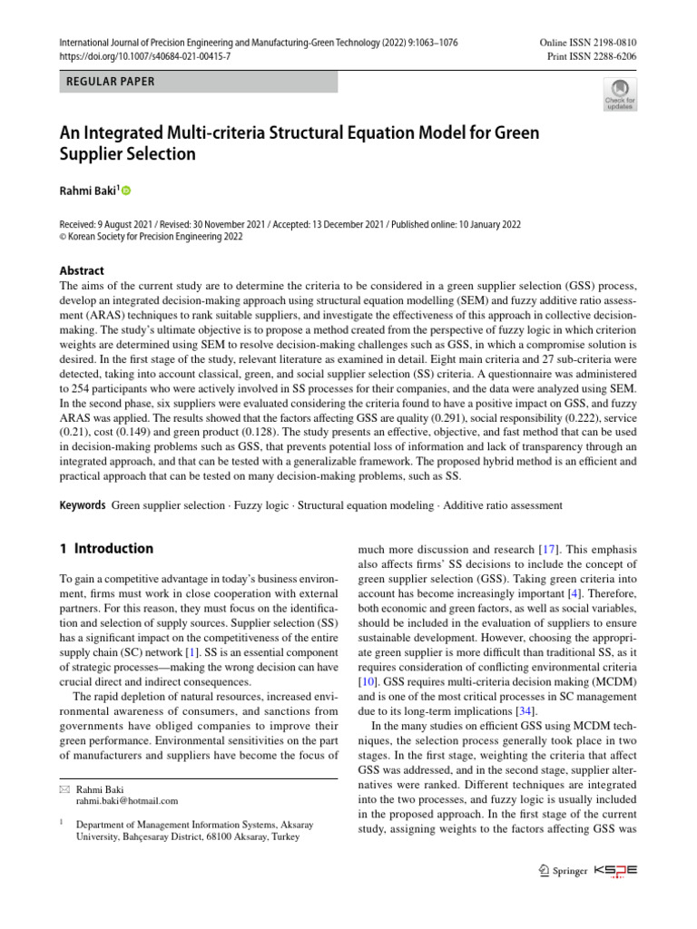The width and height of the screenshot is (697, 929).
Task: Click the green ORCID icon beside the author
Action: (125, 191)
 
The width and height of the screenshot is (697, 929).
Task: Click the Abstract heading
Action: (82, 270)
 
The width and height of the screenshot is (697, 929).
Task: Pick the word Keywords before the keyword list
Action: (83, 504)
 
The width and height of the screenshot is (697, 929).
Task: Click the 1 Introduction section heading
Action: (106, 549)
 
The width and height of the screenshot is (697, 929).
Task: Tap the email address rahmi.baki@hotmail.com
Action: (127, 801)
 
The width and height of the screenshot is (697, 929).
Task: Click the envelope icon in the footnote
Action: (64, 788)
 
